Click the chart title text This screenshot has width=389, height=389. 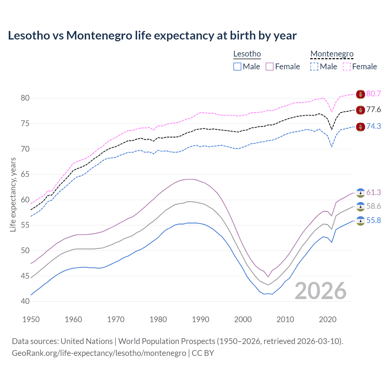[152, 36]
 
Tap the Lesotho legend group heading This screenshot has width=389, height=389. [247, 54]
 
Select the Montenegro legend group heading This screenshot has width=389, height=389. [332, 54]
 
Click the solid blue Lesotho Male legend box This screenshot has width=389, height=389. [237, 67]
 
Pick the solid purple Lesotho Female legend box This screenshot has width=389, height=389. [270, 67]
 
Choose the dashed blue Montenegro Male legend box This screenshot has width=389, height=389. [314, 67]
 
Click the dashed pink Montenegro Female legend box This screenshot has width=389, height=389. [347, 67]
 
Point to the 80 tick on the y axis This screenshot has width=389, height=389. [25, 98]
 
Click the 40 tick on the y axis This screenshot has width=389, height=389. [25, 301]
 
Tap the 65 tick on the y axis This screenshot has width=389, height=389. [25, 174]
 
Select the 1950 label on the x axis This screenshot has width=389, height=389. [31, 319]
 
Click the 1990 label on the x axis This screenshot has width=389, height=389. [201, 319]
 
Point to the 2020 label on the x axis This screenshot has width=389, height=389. [328, 319]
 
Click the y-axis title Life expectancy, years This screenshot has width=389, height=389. [13, 195]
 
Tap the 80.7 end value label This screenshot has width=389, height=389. [374, 94]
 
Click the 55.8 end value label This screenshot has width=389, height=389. [374, 221]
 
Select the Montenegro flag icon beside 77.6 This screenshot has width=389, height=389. [360, 110]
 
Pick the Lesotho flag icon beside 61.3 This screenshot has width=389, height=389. [360, 193]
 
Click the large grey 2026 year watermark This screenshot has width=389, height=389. [321, 291]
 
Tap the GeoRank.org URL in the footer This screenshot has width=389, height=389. [99, 353]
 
